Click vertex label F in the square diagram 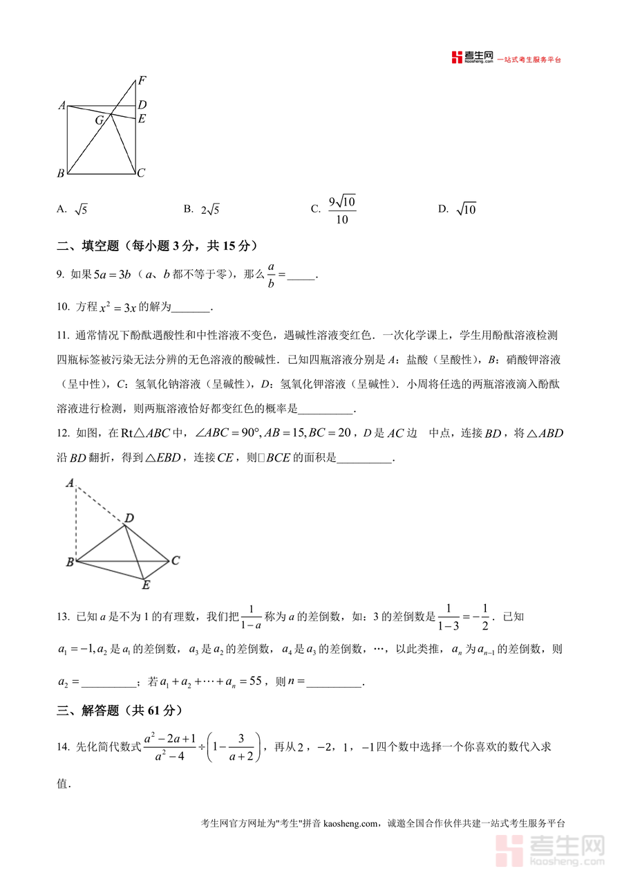142,80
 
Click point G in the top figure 100,120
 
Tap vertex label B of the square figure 61,173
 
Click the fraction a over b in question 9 271,275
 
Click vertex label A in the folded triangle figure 70,483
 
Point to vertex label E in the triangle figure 146,586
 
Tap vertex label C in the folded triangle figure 176,560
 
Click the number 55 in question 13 255,681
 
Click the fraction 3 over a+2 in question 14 241,747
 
